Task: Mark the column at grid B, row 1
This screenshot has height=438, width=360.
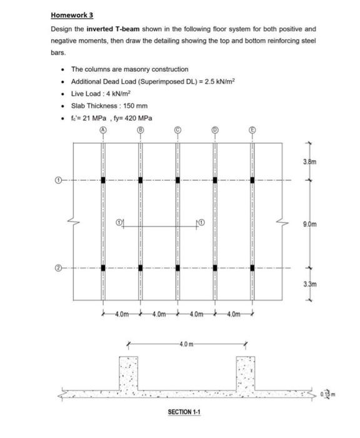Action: coord(140,180)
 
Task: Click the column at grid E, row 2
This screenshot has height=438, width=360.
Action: coord(252,268)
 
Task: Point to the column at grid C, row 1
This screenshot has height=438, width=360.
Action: coord(177,180)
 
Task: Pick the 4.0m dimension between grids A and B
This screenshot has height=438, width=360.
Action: coord(121,313)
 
